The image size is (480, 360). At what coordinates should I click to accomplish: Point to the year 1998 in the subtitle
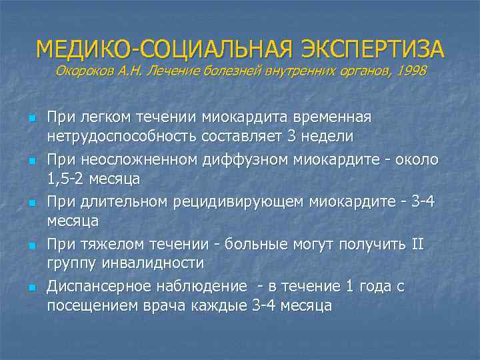[x=409, y=71]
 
